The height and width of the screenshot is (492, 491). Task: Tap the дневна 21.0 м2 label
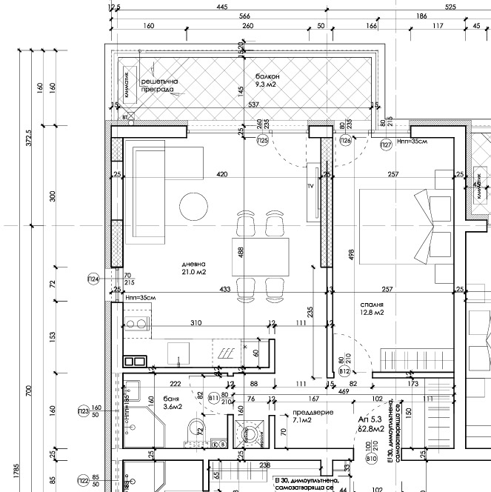tap(192, 268)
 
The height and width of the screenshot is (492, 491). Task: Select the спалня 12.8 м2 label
tap(372, 308)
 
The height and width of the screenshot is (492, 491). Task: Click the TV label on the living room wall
tap(312, 187)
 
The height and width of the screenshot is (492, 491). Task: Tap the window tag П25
tap(262, 140)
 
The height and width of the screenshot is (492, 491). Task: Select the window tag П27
tap(386, 145)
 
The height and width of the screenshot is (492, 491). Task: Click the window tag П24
tap(93, 279)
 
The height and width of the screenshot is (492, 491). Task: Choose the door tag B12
tap(344, 371)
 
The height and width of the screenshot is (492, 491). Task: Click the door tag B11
tap(214, 398)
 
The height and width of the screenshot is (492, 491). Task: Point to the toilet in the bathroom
tap(196, 428)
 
